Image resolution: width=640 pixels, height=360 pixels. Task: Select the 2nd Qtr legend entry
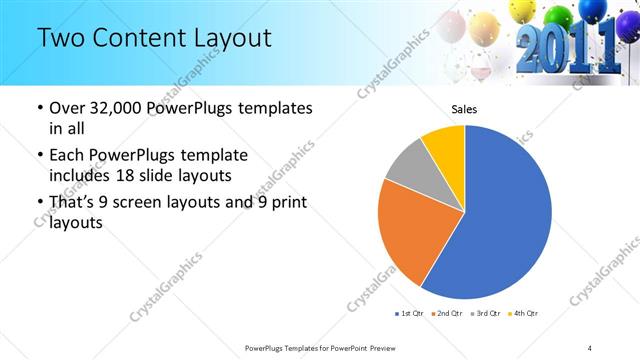click(445, 314)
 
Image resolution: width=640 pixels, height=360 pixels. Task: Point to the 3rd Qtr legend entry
click(485, 314)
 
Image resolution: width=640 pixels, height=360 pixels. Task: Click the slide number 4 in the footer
click(590, 347)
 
